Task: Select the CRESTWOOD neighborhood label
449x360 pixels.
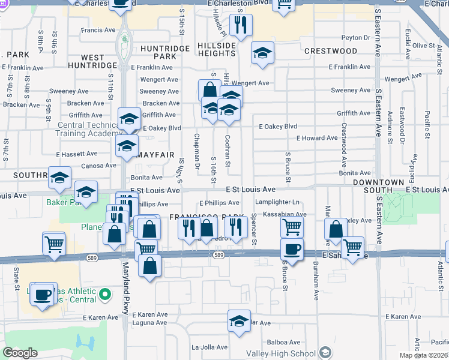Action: click(331, 52)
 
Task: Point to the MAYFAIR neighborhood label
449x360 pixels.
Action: click(155, 154)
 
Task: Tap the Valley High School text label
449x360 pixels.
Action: click(282, 353)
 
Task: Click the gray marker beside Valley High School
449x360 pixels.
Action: click(325, 353)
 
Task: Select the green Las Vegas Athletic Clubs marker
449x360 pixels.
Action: click(105, 295)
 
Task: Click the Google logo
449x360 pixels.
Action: click(20, 353)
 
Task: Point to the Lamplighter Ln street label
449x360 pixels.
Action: click(277, 202)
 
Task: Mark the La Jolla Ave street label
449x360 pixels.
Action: click(210, 347)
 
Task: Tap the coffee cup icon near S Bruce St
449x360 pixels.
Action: click(292, 249)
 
